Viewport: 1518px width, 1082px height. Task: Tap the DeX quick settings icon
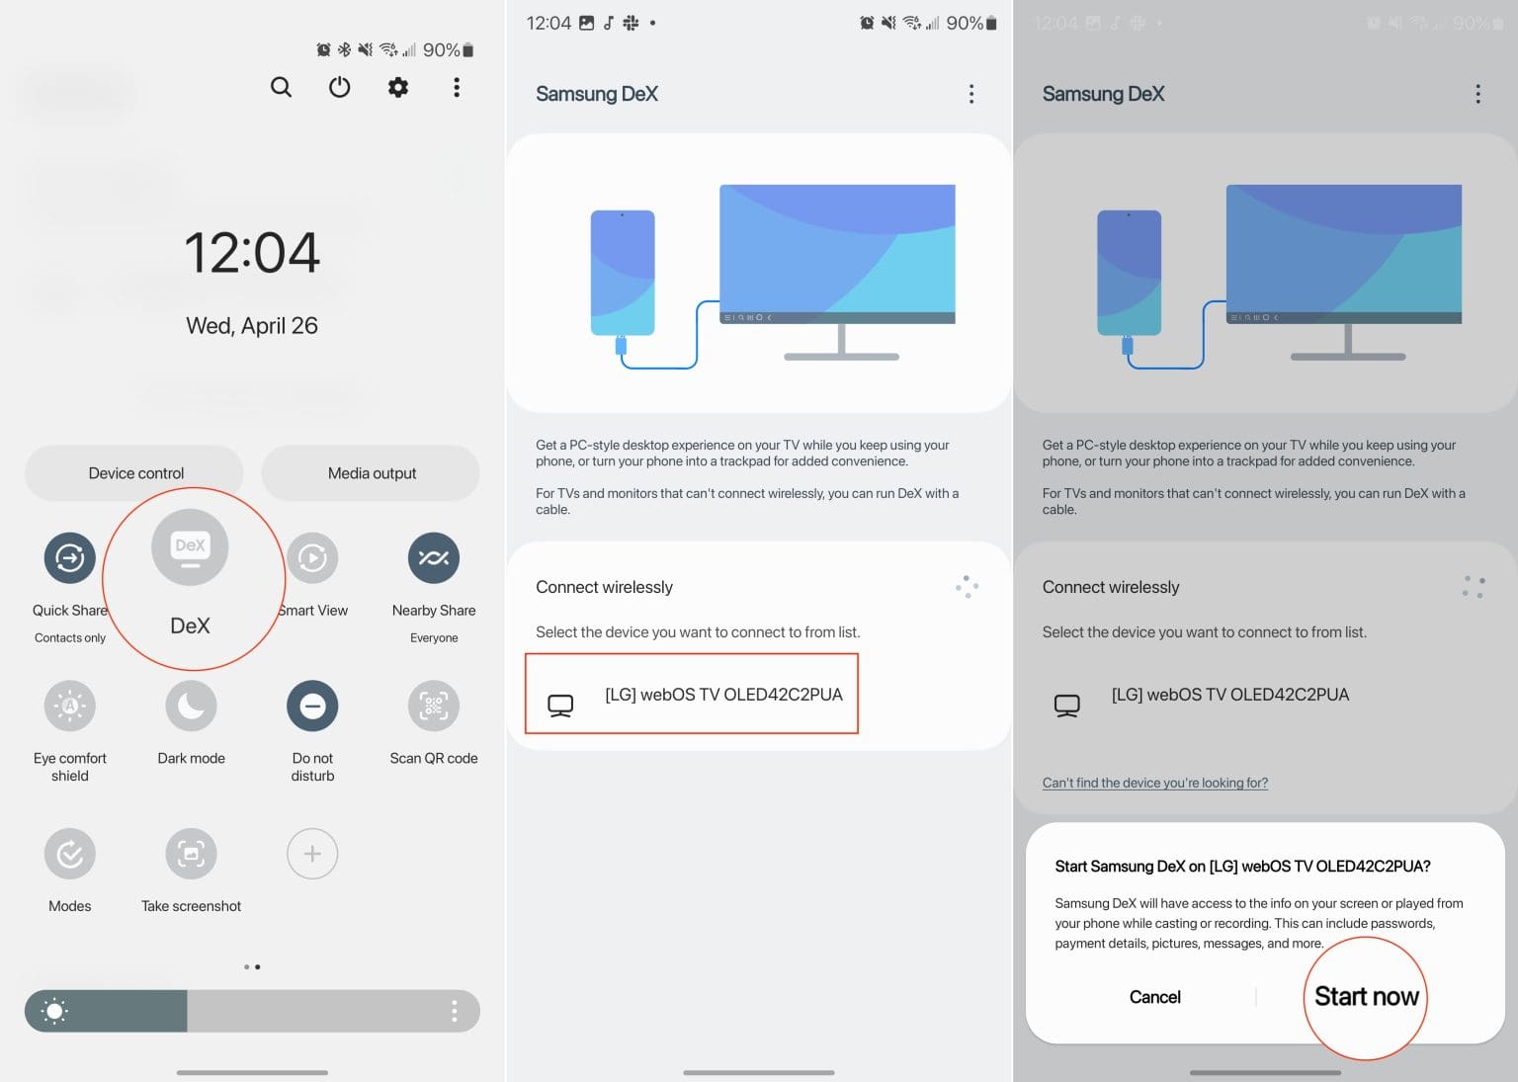tap(190, 547)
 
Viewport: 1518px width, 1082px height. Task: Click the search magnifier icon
tap(281, 87)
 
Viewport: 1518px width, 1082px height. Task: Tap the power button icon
tap(339, 87)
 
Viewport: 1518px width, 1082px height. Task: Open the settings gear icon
tap(397, 87)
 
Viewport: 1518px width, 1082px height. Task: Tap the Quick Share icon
tap(69, 558)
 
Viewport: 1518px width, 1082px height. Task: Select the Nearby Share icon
tap(433, 558)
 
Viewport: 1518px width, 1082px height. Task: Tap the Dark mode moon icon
tap(191, 706)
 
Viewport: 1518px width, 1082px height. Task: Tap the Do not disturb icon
tap(312, 706)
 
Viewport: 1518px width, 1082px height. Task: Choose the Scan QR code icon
tap(433, 706)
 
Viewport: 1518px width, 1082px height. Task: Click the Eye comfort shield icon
tap(69, 706)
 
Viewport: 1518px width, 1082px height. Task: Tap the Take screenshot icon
tap(191, 854)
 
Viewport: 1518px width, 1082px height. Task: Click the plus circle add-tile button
tap(312, 854)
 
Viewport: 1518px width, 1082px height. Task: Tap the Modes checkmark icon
tap(69, 854)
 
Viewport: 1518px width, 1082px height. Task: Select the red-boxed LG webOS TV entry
tap(691, 695)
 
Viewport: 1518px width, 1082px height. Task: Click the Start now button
tap(1366, 997)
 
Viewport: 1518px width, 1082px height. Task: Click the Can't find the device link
tap(1154, 783)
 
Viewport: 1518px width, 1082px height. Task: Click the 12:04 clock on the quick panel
tap(252, 253)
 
